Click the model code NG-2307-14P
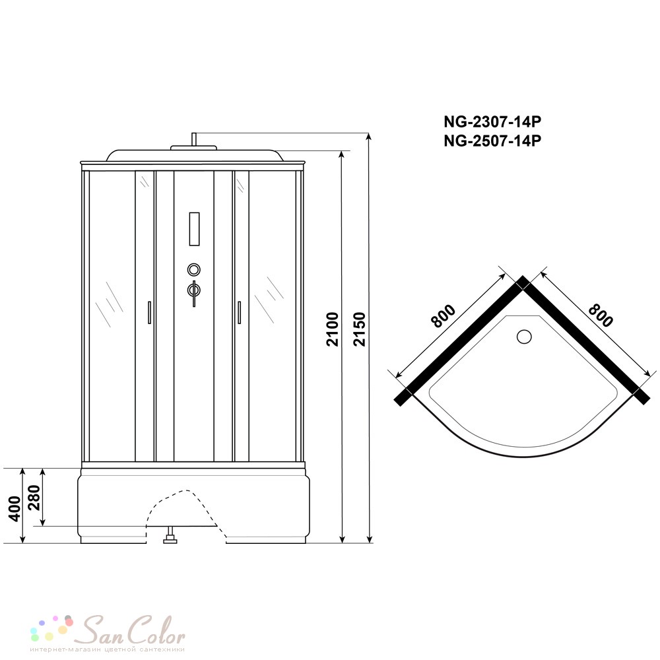click(492, 122)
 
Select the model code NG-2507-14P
click(492, 141)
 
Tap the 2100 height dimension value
click(333, 329)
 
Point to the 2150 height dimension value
click(360, 329)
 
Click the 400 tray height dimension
click(15, 509)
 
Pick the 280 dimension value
click(34, 498)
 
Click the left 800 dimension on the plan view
click(444, 316)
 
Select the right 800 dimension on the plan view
click(600, 315)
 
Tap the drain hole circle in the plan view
click(524, 337)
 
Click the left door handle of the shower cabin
click(149, 312)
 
